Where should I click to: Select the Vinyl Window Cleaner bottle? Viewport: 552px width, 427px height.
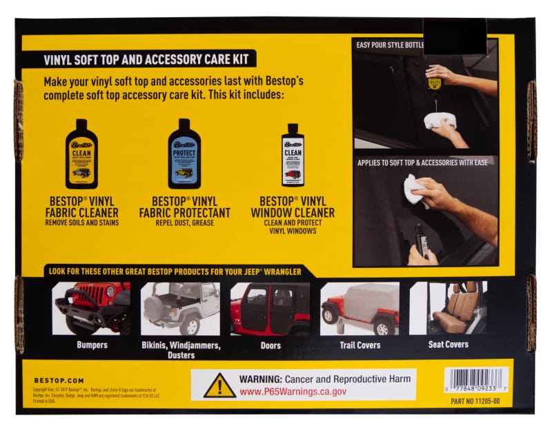[293, 155]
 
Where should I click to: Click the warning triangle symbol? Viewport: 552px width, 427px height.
[219, 386]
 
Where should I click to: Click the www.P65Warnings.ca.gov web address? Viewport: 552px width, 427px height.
[293, 391]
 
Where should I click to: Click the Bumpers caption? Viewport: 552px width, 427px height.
[92, 345]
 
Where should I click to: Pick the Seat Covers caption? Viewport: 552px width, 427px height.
[448, 344]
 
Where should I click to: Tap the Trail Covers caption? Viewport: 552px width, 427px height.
[359, 345]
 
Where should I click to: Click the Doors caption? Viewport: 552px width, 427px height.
[270, 345]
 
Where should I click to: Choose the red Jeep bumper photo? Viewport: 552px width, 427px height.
[92, 308]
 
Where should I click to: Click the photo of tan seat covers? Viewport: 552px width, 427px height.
[448, 308]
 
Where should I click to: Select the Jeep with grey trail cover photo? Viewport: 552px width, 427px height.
[359, 308]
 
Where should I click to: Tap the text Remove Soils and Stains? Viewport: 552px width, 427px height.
[81, 222]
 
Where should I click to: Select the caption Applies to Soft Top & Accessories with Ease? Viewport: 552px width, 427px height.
[424, 163]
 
